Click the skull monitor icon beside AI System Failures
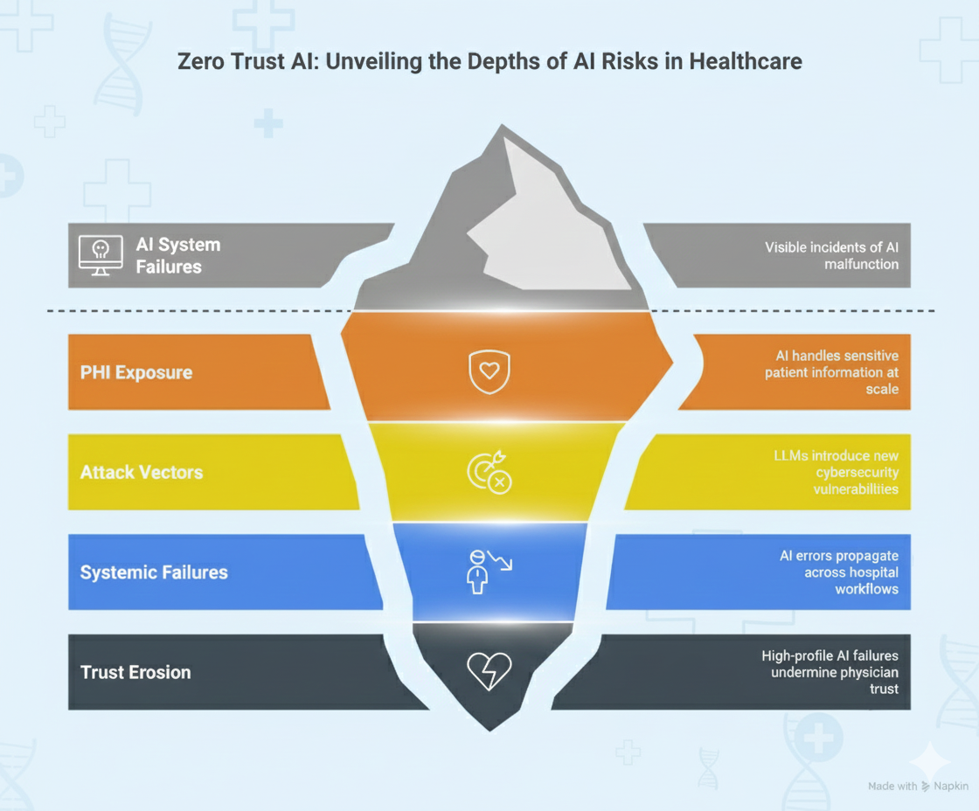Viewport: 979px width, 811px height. (x=101, y=255)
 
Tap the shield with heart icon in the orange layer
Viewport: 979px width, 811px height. (x=489, y=371)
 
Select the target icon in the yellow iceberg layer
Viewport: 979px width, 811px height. (x=489, y=472)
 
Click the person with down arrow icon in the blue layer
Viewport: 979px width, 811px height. (x=489, y=572)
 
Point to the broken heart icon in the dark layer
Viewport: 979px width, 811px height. (x=489, y=671)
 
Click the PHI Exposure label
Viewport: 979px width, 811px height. (x=136, y=372)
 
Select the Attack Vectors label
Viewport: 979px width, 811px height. (x=142, y=473)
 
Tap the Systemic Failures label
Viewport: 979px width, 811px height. (x=154, y=572)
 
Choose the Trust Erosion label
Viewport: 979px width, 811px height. (x=135, y=672)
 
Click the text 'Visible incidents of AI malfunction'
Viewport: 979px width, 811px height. (x=831, y=256)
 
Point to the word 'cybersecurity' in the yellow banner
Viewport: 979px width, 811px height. (x=857, y=473)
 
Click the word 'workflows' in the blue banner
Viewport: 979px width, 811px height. (x=866, y=589)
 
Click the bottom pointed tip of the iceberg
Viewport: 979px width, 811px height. (x=490, y=731)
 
